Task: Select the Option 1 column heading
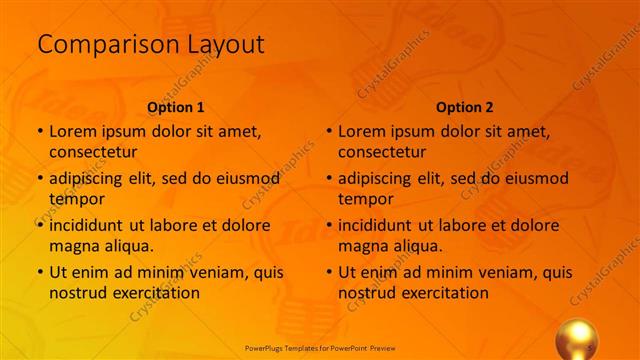click(x=176, y=107)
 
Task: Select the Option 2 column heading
click(x=465, y=107)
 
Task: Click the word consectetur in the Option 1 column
click(x=93, y=152)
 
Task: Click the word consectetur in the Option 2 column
click(x=382, y=152)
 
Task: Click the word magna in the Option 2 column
click(x=361, y=245)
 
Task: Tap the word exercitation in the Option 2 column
click(x=442, y=293)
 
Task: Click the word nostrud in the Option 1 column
click(x=76, y=293)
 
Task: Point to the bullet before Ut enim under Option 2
click(x=329, y=272)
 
